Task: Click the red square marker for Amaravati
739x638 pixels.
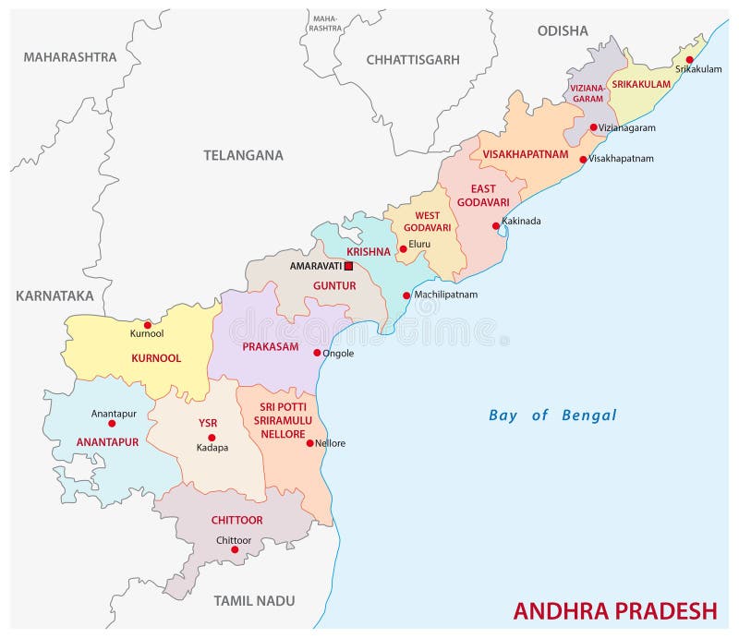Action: (x=348, y=266)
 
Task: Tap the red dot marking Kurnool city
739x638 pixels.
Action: (x=147, y=325)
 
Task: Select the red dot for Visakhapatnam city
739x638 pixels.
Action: (x=583, y=159)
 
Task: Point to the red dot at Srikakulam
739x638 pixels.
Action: (x=689, y=60)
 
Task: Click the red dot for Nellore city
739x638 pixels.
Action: (x=309, y=443)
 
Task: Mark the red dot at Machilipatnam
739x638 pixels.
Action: (x=406, y=295)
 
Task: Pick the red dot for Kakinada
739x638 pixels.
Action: (x=496, y=225)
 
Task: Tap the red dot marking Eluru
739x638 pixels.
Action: (x=403, y=248)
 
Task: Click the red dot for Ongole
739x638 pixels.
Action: (x=317, y=353)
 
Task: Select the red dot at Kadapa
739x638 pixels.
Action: (x=212, y=438)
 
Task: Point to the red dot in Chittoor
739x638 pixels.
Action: (x=235, y=549)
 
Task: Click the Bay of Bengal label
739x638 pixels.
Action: (x=552, y=415)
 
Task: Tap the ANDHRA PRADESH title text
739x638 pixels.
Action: (x=614, y=610)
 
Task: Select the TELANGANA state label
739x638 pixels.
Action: (x=243, y=155)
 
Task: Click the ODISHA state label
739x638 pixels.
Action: (x=563, y=30)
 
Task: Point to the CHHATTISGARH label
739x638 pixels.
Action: (x=413, y=59)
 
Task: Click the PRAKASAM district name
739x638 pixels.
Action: (x=271, y=347)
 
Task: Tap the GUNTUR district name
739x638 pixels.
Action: (x=333, y=286)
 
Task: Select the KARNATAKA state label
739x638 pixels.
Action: (x=55, y=295)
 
